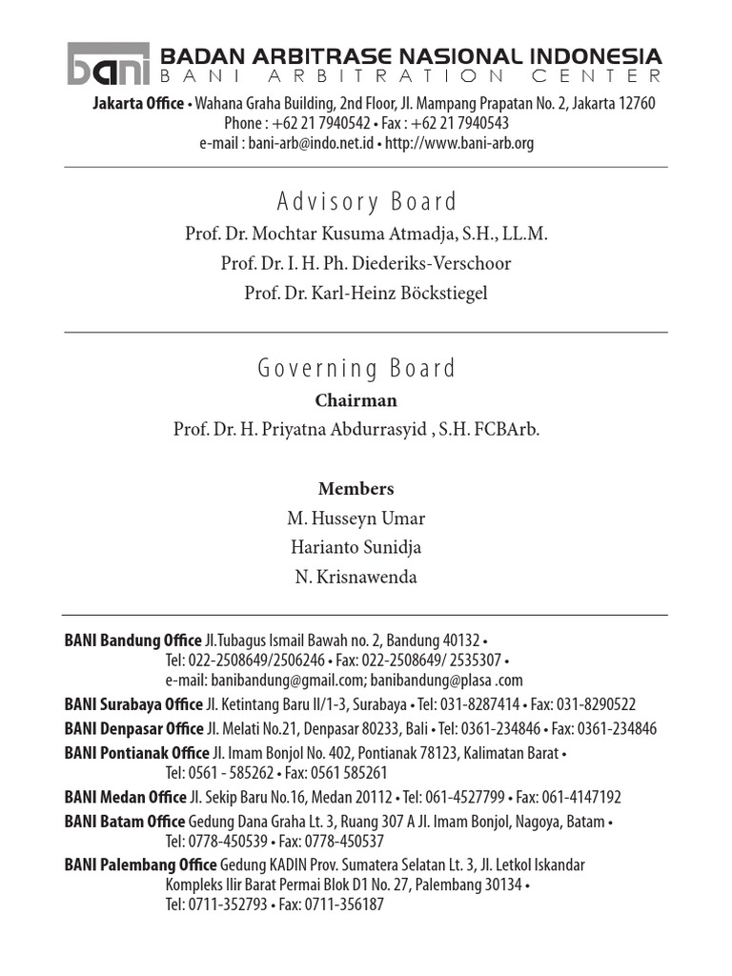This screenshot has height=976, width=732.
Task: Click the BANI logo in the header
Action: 108,64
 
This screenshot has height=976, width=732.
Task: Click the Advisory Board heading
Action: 366,202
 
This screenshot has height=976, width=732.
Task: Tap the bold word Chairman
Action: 356,400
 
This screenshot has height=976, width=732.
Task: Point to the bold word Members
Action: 356,489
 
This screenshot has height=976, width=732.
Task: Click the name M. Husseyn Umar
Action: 356,518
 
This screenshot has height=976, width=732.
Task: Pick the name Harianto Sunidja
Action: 356,548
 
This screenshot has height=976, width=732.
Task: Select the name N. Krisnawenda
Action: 356,578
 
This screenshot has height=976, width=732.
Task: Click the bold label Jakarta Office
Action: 137,103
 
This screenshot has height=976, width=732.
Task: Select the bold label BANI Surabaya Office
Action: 133,704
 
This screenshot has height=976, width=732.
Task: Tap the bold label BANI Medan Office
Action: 125,797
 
